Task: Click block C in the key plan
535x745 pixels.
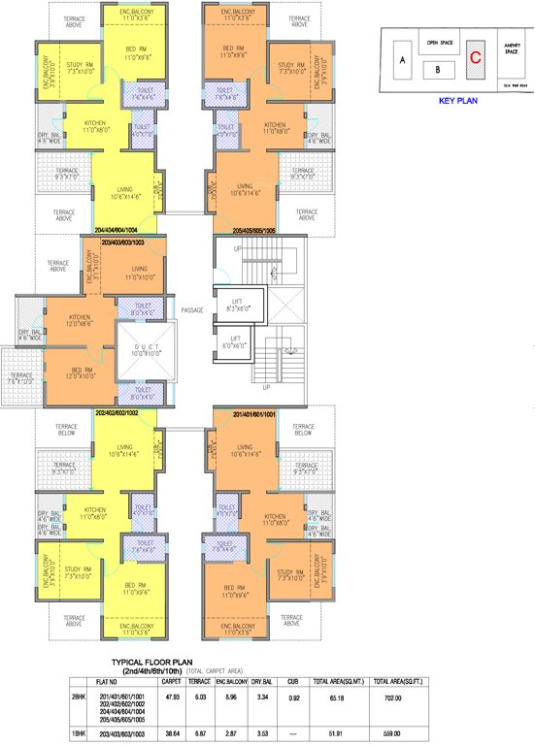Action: tap(475, 56)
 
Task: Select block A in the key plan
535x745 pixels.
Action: tap(401, 60)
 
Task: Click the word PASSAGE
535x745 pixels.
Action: tap(192, 309)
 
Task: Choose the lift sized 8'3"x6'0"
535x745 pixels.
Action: tap(237, 306)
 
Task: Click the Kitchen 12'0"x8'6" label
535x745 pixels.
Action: tap(80, 321)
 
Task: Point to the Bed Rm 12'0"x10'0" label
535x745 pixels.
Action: tap(80, 371)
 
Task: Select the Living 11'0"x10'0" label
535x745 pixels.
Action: tap(139, 274)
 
